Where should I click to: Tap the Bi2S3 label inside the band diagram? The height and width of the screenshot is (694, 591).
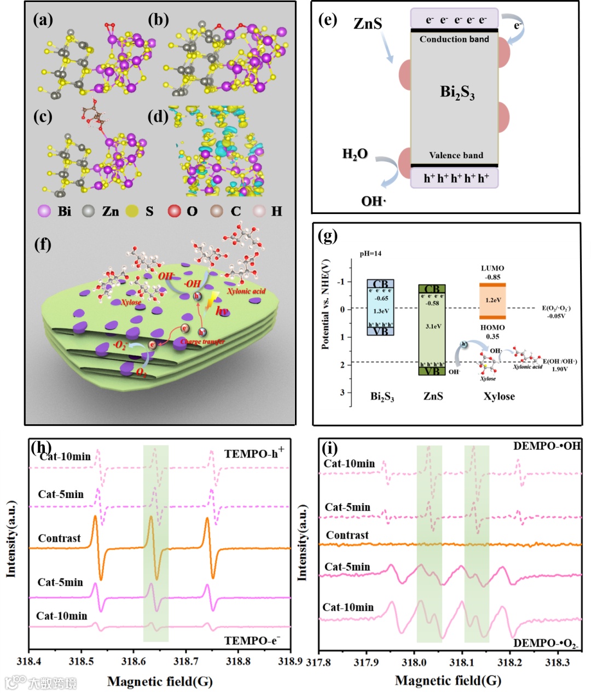click(x=457, y=92)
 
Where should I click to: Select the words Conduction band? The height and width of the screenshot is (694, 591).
click(x=454, y=39)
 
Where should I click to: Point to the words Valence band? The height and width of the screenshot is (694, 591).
click(x=456, y=155)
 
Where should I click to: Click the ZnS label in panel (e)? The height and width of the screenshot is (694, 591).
click(x=368, y=24)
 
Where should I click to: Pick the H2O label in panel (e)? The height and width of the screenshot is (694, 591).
click(x=355, y=154)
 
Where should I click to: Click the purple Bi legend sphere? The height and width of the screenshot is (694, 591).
click(x=44, y=211)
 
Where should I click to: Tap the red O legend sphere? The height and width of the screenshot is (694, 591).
click(x=174, y=211)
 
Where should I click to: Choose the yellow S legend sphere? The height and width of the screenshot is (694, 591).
click(x=132, y=211)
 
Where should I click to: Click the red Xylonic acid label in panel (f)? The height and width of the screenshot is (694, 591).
click(x=246, y=291)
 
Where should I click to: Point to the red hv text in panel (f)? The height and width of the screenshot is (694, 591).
click(x=222, y=311)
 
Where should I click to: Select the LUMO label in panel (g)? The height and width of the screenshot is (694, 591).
click(x=493, y=268)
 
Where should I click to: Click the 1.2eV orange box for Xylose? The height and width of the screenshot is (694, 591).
click(x=493, y=300)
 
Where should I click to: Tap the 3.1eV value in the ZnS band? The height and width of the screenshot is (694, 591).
click(x=433, y=326)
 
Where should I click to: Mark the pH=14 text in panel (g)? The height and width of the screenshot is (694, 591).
click(x=370, y=253)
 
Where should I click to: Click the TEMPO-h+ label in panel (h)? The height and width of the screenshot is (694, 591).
click(x=254, y=453)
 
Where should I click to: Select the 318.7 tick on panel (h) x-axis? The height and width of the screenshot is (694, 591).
click(x=186, y=661)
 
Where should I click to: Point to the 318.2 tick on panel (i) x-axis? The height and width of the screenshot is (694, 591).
click(x=509, y=662)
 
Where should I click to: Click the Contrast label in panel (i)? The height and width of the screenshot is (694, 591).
click(x=347, y=535)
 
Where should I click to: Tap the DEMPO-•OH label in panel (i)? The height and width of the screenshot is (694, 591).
click(x=547, y=446)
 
